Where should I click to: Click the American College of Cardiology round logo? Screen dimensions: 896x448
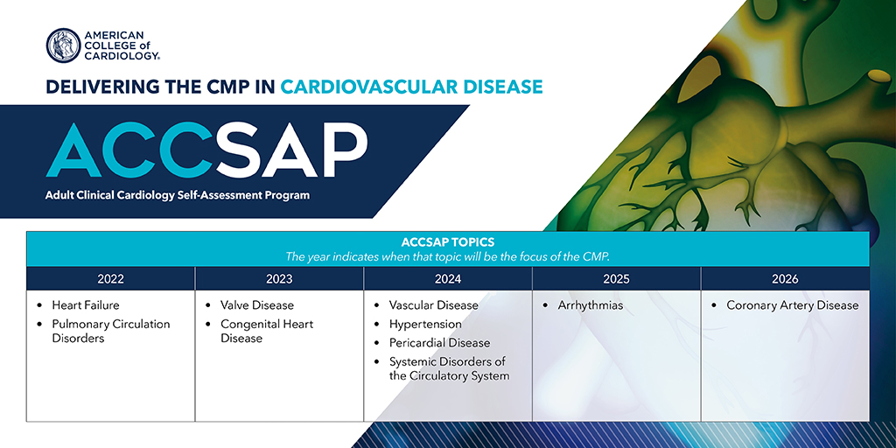tap(63, 45)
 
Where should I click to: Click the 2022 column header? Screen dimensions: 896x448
tap(110, 279)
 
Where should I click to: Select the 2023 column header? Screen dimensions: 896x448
tap(279, 279)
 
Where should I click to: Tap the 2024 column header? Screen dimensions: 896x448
tap(447, 279)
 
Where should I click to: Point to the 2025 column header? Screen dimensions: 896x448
tap(616, 279)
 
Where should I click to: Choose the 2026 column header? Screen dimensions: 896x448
tap(785, 279)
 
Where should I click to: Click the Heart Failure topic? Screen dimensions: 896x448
tap(86, 305)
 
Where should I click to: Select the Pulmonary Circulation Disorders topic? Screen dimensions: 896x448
tap(111, 331)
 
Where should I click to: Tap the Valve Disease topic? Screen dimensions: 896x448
tap(257, 305)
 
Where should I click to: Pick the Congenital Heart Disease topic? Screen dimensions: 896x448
tap(267, 331)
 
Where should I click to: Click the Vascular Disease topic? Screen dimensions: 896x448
tap(434, 305)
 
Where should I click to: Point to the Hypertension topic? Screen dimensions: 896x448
tap(425, 325)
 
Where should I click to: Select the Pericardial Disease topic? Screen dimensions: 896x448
tap(439, 343)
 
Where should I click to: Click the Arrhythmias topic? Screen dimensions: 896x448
tap(591, 305)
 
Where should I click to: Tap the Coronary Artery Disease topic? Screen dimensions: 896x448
tap(793, 305)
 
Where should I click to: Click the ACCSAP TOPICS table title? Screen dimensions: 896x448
tap(448, 242)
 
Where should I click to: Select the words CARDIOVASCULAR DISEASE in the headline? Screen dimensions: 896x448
tap(411, 87)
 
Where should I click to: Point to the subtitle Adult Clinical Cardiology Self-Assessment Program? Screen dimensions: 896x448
tap(178, 195)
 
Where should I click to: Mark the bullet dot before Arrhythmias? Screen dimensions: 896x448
tap(546, 305)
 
